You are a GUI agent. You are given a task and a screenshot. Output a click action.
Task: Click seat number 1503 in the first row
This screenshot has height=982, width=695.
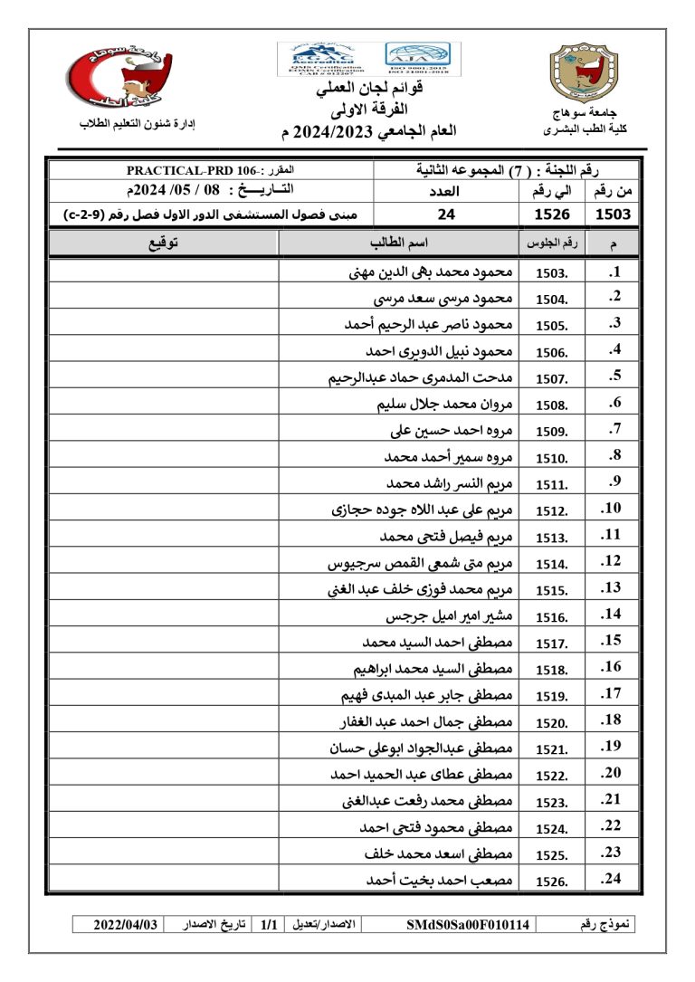[x=552, y=273]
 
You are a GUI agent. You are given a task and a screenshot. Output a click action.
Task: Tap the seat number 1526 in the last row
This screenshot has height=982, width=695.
[x=552, y=881]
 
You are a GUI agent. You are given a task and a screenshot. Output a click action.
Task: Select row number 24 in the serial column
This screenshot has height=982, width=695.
[x=611, y=879]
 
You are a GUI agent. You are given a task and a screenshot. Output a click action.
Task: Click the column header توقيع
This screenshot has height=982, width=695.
[x=163, y=243]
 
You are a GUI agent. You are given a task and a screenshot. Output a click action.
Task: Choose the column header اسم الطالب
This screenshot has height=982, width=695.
[x=398, y=243]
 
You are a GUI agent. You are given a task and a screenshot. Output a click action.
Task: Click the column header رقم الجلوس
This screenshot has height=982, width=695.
[x=547, y=243]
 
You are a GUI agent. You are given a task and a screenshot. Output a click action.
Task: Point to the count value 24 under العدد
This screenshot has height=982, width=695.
[x=446, y=215]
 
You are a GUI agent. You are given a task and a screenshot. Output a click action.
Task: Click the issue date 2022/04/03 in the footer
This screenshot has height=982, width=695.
[x=127, y=925]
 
